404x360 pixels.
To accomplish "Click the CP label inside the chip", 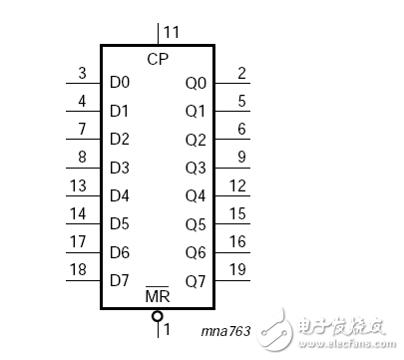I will pos(157,59).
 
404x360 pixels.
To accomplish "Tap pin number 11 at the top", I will pos(172,33).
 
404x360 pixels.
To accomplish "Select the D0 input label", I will pos(120,82).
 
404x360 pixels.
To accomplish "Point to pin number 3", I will pos(82,73).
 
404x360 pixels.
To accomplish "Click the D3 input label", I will pos(120,167).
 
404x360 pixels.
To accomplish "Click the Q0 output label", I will pos(196,83).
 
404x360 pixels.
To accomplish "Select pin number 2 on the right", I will pos(241,73).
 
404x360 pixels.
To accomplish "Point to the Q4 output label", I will pos(196,194).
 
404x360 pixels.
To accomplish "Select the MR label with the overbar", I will pos(157,297).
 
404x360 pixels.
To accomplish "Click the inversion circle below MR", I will pos(157,316).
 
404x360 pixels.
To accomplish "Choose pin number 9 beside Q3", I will pos(241,157).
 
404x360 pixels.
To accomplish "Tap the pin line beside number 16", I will pos(231,250).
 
